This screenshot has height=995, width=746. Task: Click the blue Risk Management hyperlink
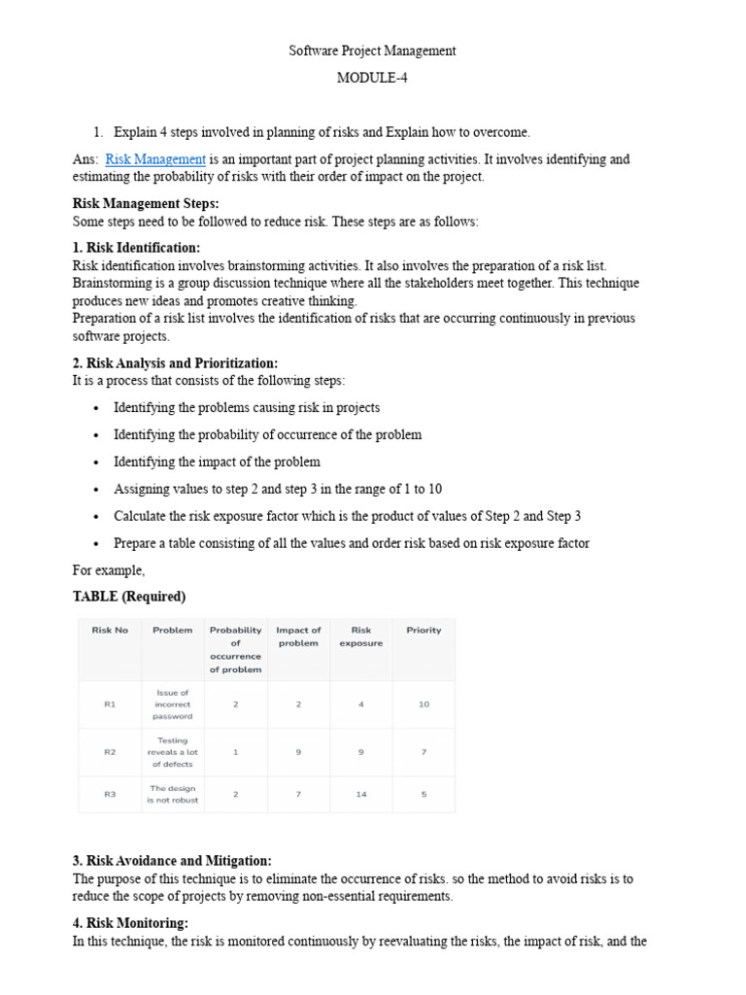155,159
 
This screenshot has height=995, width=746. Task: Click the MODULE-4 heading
372,79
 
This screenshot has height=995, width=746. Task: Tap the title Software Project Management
372,51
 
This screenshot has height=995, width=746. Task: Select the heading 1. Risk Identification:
137,248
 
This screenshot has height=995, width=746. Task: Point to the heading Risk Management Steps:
146,204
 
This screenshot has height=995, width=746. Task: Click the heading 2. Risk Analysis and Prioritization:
175,363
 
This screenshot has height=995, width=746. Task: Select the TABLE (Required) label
129,597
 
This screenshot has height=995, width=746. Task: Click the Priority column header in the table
424,631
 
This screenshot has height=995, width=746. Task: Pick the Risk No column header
110,631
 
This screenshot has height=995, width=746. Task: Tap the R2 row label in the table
110,752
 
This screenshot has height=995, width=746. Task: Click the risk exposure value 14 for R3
361,794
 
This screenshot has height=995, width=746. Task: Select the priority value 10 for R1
424,704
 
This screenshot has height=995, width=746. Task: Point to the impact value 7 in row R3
298,794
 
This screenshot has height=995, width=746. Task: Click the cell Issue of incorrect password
173,704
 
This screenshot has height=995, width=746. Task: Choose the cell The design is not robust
173,794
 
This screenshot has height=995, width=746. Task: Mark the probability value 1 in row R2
235,752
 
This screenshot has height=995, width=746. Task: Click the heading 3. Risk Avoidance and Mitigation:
172,861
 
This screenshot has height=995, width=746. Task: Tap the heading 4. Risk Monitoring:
130,923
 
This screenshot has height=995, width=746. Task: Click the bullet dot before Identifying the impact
96,463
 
